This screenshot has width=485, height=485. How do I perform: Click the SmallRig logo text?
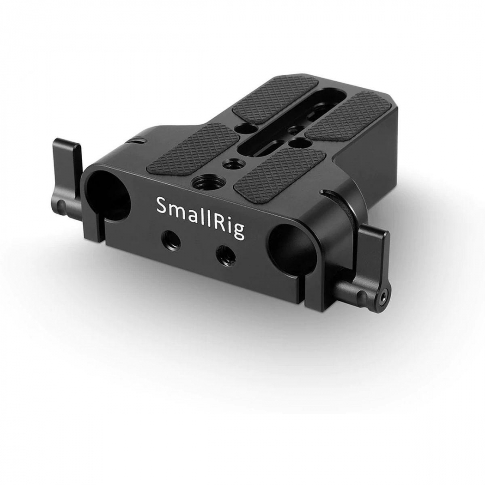coord(200,216)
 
